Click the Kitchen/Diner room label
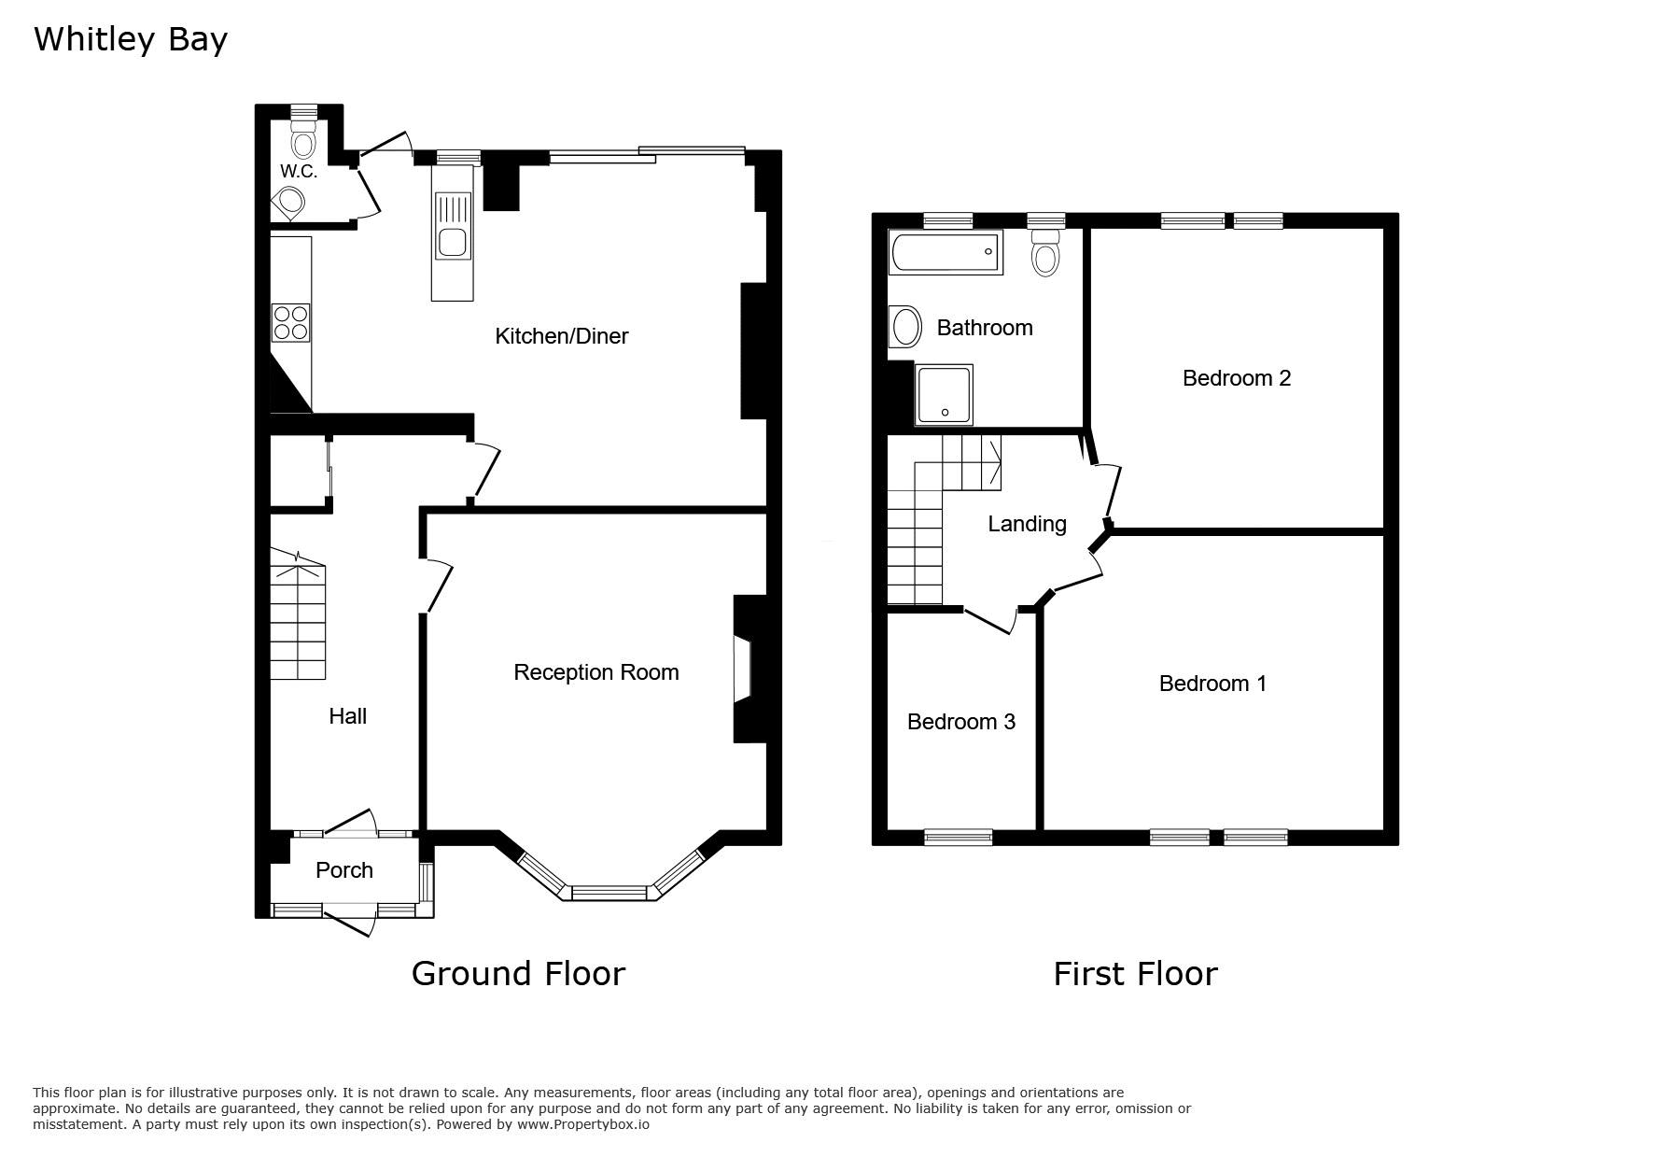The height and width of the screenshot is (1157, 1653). click(561, 336)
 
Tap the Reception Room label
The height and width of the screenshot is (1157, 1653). click(595, 672)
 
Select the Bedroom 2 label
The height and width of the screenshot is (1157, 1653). click(1236, 378)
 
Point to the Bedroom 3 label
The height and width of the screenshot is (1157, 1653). click(960, 722)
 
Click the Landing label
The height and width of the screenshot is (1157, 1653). click(1027, 525)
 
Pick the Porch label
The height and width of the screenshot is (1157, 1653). click(343, 870)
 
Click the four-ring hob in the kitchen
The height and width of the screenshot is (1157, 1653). click(290, 322)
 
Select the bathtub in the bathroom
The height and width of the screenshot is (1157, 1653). click(946, 252)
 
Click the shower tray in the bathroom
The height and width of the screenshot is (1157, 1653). click(945, 395)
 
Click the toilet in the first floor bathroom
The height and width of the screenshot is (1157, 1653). click(1046, 252)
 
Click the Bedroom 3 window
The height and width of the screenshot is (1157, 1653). click(958, 837)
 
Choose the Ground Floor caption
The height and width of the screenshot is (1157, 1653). click(518, 974)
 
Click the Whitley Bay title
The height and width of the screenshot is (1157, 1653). click(131, 40)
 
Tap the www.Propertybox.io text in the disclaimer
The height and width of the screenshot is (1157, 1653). click(583, 1125)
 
